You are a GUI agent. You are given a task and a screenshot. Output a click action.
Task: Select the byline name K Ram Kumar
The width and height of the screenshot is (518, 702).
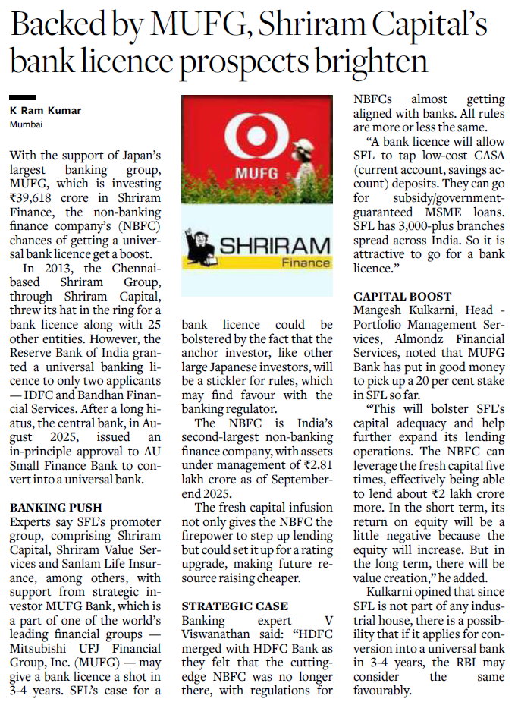[46, 111]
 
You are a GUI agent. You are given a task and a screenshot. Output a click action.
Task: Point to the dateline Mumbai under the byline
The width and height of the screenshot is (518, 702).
[27, 124]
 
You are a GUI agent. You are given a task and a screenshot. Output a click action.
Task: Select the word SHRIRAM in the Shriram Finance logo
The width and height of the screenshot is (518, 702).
[275, 245]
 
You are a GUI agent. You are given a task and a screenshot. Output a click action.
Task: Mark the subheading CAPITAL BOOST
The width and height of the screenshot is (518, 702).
[402, 296]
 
